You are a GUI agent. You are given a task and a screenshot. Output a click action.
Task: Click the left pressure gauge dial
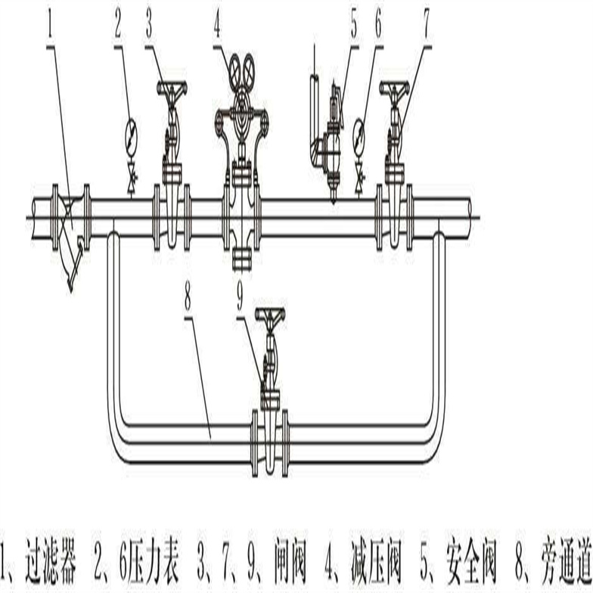click(x=131, y=132)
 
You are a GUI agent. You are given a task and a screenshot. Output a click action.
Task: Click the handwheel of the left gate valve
click(x=172, y=88)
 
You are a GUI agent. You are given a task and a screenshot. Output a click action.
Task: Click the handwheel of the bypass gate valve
click(x=270, y=315)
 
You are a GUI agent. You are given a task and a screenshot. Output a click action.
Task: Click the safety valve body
click(x=331, y=151)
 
